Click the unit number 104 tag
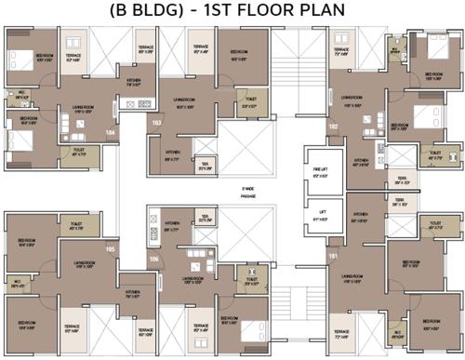111,133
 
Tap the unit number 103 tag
156,122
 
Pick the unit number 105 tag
111,249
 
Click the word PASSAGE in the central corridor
248,196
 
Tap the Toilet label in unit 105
75,226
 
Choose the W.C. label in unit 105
17,286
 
